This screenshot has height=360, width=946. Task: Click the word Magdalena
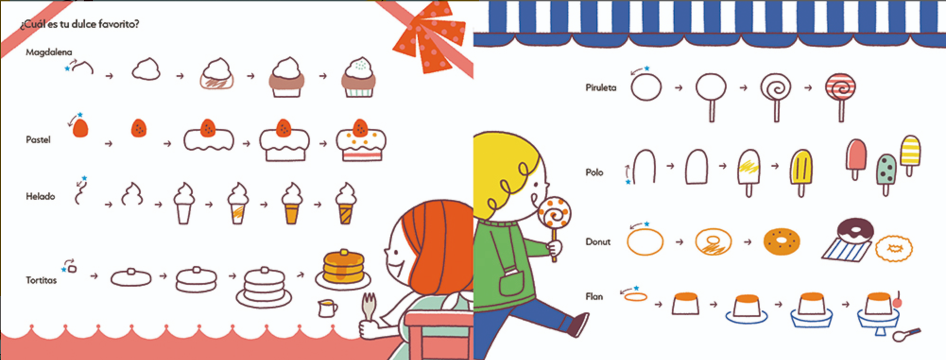coord(49,52)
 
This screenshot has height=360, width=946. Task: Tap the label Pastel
coord(38,140)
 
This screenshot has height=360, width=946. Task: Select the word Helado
coord(40,196)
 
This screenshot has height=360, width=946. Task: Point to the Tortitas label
coord(41,280)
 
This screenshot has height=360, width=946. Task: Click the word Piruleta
coord(601,87)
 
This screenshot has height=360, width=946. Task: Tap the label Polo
coord(594,172)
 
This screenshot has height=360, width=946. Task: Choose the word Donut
coord(598,242)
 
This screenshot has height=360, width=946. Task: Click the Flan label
coord(594,297)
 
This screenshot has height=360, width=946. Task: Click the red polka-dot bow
coord(428,38)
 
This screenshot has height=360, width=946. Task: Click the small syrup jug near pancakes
coord(327,308)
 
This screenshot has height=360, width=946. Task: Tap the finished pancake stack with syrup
coord(344,269)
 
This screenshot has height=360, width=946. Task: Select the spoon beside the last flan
coord(906,334)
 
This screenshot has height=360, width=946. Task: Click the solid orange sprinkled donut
coord(782,241)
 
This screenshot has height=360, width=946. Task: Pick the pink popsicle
coord(856,159)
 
